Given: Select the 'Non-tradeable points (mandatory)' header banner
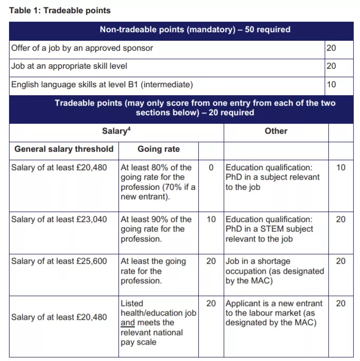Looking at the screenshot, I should [x=180, y=30].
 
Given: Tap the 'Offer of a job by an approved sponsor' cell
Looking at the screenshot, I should [x=82, y=48].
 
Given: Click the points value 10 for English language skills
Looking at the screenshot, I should [x=331, y=84].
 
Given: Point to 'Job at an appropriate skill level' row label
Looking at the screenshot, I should [x=69, y=66].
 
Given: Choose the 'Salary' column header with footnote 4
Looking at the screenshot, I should [x=116, y=131].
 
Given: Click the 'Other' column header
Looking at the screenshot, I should [x=276, y=131].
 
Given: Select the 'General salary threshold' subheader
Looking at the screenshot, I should [x=64, y=149].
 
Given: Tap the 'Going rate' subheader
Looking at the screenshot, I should [x=159, y=149].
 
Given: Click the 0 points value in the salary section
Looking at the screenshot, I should [x=211, y=168].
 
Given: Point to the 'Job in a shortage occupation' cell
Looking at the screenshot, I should [x=274, y=271].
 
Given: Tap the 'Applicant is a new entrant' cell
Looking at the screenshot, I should [x=274, y=312].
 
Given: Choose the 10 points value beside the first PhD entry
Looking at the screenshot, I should [x=341, y=168].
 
